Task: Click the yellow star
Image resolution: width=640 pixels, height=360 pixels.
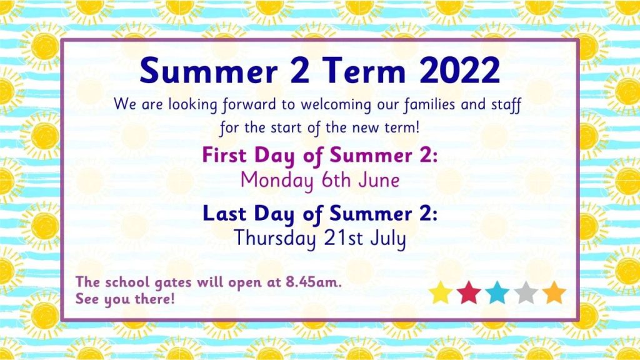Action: click(441, 292)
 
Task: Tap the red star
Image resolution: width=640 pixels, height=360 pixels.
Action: click(469, 292)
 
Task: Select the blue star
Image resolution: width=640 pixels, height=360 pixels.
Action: click(497, 292)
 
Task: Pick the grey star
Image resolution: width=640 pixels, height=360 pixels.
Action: click(526, 292)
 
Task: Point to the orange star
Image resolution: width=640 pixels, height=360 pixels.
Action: click(554, 292)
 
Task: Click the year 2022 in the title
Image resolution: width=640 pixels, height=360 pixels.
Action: click(459, 71)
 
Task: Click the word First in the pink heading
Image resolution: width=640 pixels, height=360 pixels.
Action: click(224, 155)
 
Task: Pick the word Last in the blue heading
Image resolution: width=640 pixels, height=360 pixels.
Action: click(224, 214)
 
